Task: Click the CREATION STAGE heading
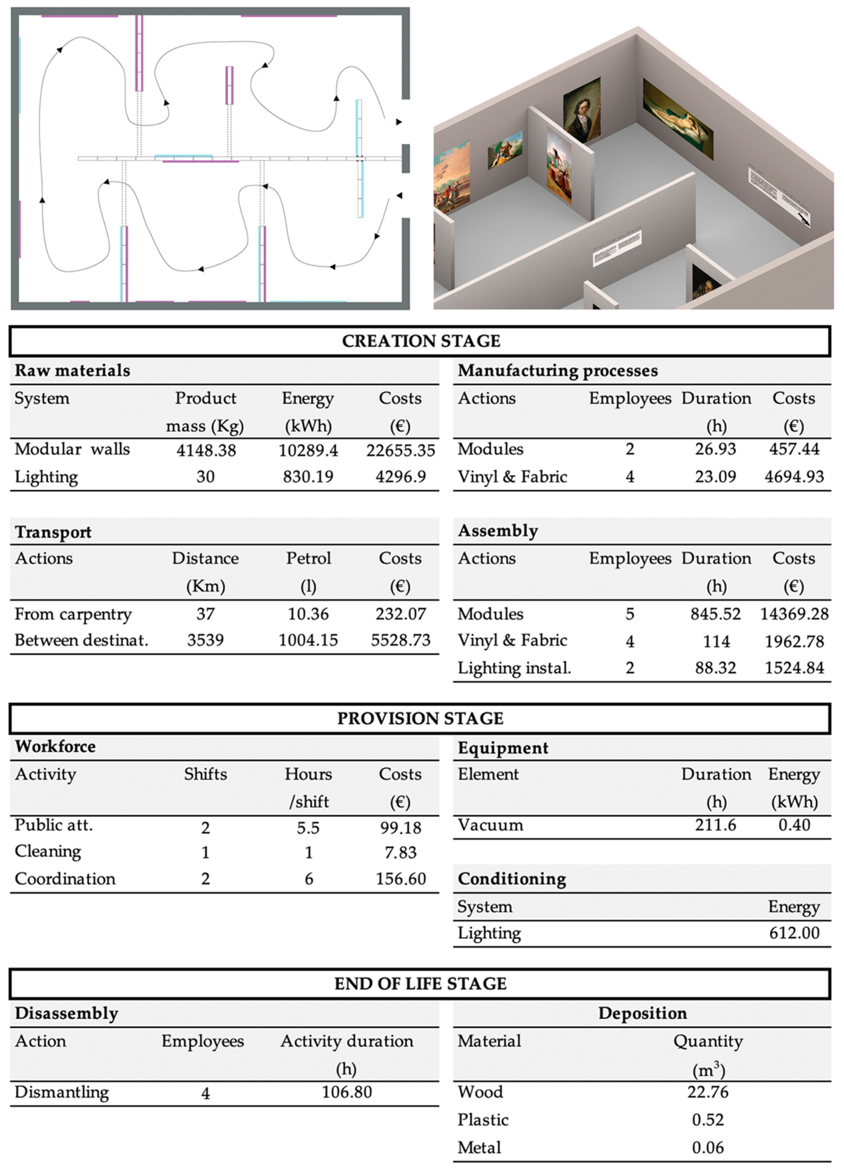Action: pos(421,341)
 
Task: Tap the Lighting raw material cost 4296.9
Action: pos(400,477)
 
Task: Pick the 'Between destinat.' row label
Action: pos(81,640)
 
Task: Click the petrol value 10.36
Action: pos(308,614)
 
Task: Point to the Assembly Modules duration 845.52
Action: pos(715,614)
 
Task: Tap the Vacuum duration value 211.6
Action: pos(715,825)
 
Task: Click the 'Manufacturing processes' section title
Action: pos(558,371)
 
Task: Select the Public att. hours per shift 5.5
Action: pos(308,828)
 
